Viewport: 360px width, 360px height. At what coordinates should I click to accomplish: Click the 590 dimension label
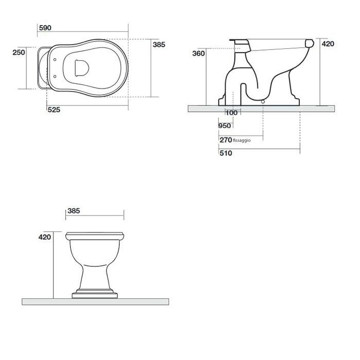[45, 28]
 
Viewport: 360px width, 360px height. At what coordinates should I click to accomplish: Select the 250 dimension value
[19, 52]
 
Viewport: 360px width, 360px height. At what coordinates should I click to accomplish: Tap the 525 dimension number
[54, 110]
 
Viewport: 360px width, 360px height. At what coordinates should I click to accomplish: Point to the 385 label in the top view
[159, 45]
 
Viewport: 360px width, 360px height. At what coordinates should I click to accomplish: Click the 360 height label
[199, 53]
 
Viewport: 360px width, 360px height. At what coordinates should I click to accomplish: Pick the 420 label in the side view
[328, 44]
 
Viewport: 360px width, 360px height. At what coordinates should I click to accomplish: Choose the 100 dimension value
[231, 113]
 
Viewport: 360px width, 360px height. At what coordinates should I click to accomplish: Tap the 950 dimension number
[225, 126]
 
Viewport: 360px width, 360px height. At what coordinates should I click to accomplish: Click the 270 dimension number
[226, 140]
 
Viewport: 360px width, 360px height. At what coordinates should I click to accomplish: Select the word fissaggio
[242, 140]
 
